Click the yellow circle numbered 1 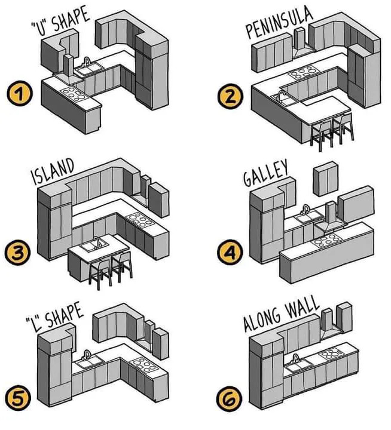(20, 94)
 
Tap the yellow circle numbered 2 (230, 96)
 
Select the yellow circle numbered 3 (17, 253)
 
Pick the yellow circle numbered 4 (230, 252)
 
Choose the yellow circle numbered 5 (18, 398)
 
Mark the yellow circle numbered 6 (230, 399)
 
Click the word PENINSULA (279, 23)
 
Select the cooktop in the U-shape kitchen (73, 94)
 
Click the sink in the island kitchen (93, 244)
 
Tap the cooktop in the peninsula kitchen (304, 72)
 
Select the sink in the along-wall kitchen (298, 363)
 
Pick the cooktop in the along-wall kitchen (331, 354)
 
